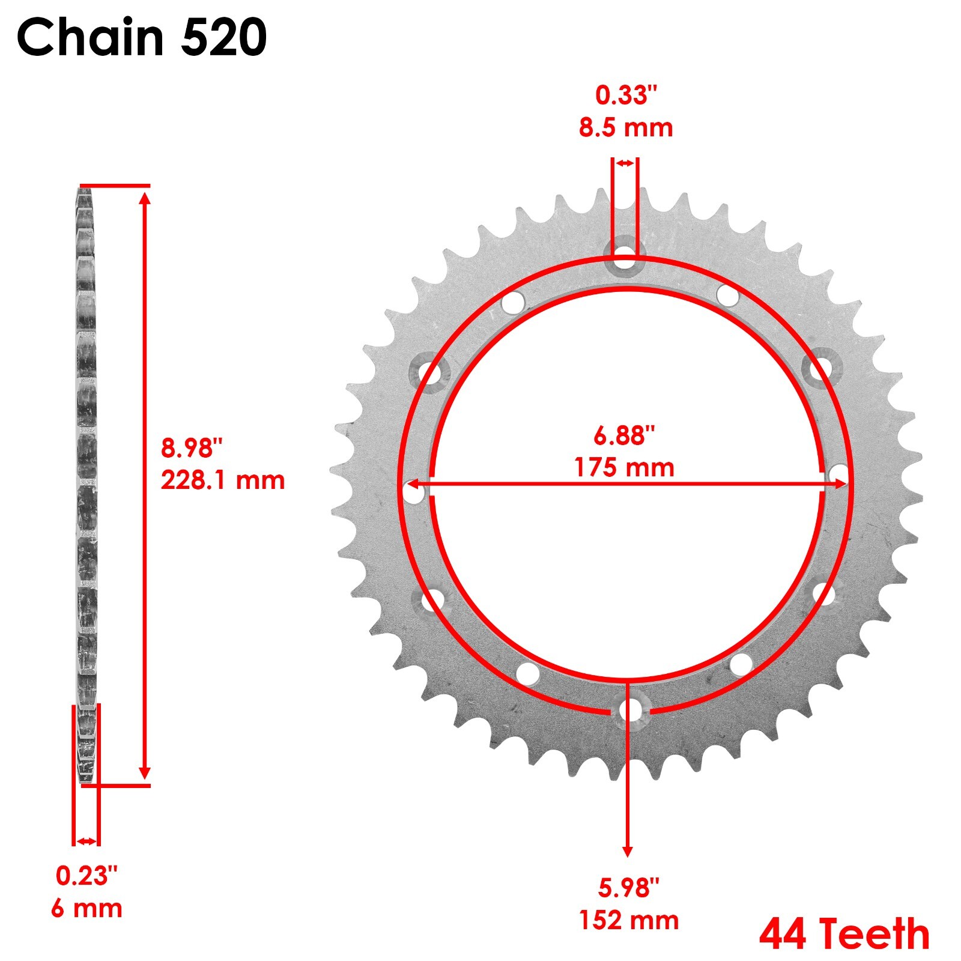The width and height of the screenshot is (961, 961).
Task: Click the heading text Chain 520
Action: (142, 37)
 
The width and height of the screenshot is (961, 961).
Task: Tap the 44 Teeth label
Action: (844, 934)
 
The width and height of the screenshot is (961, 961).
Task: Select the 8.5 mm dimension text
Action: (625, 128)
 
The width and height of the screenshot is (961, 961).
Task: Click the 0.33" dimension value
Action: (626, 95)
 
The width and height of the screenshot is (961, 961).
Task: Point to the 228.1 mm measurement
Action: (222, 480)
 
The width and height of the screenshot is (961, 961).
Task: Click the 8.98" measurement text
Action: (192, 448)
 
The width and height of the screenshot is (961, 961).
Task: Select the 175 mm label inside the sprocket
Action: (624, 467)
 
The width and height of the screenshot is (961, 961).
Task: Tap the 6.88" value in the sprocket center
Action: (624, 435)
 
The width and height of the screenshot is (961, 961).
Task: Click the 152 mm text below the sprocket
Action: (628, 920)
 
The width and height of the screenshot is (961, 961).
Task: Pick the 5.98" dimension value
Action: (628, 888)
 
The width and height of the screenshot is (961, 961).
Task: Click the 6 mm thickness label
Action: (86, 908)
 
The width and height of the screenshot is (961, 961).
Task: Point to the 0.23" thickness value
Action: (86, 876)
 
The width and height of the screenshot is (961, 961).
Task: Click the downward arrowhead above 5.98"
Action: (628, 851)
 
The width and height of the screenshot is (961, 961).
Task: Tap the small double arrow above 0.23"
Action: (86, 841)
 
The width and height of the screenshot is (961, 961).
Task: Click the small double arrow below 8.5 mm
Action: (625, 163)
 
